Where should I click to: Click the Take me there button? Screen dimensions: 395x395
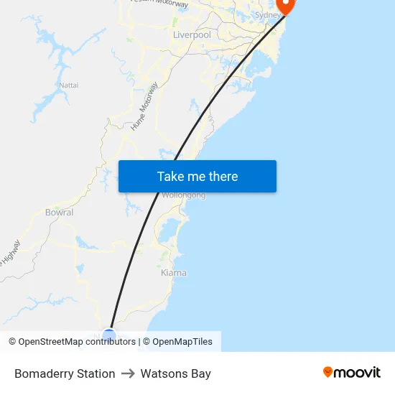(x=197, y=177)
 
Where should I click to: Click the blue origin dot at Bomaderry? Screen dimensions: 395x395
(x=108, y=335)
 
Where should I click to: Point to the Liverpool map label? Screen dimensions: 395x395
(x=192, y=34)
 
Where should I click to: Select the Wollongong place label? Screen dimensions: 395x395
(x=184, y=195)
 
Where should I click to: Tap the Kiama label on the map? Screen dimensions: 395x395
(x=173, y=273)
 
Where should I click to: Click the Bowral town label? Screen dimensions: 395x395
(x=59, y=213)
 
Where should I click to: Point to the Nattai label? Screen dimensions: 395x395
(x=69, y=85)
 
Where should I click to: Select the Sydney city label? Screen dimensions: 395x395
(x=268, y=14)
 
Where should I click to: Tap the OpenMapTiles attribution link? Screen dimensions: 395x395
(x=182, y=342)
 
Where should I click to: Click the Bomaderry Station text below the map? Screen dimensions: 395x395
(x=65, y=373)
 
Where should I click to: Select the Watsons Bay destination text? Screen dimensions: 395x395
(x=176, y=373)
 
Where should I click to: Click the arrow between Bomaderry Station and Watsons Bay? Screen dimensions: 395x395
(x=128, y=373)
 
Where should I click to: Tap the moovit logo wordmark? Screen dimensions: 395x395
(x=357, y=372)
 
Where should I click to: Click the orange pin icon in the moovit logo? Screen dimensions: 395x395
(x=328, y=372)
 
